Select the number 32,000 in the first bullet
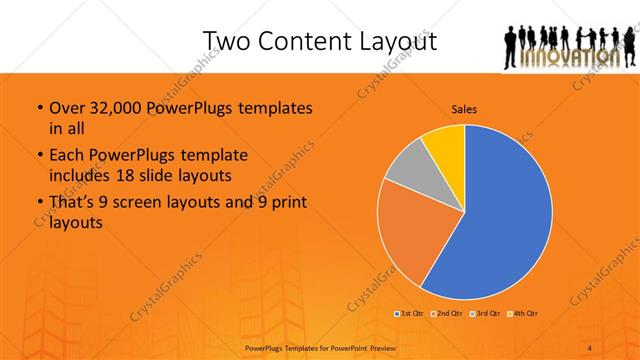111,109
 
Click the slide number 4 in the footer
589,348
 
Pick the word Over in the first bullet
66,109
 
